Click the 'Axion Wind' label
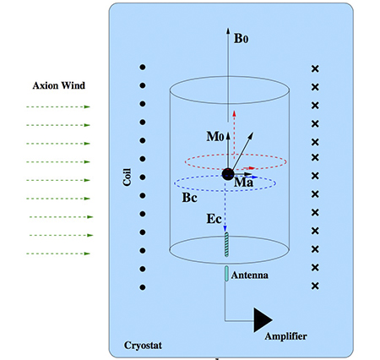pos(58,85)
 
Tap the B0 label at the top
pos(242,38)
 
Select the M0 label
pos(215,136)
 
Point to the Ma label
pos(243,183)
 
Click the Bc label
pos(189,198)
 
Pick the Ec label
pos(214,219)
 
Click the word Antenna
pos(250,275)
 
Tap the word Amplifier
pos(285,336)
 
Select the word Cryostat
pos(143,346)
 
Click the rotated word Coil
pos(127,177)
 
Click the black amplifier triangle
pos(263,320)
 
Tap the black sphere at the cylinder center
pos(228,174)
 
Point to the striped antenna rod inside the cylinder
pos(226,244)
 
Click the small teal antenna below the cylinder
pos(226,274)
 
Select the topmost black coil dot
pos(143,67)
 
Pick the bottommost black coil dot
pos(143,287)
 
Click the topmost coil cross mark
pos(315,68)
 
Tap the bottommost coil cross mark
pos(315,286)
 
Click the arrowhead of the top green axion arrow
pos(87,106)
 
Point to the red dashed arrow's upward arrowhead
pos(234,113)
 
